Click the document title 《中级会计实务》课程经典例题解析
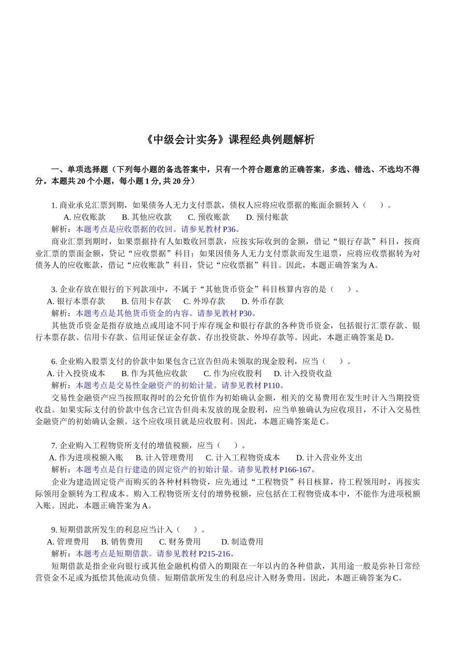229,140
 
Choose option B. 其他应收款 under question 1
146,217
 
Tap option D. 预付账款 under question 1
267,217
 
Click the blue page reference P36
229,229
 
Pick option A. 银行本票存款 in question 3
76,301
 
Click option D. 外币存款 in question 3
262,301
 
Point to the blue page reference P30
245,313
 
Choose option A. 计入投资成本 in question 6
76,373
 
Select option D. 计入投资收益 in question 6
303,373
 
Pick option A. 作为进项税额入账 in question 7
86,458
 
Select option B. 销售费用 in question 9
122,542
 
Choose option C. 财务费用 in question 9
180,542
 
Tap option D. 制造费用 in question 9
242,542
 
